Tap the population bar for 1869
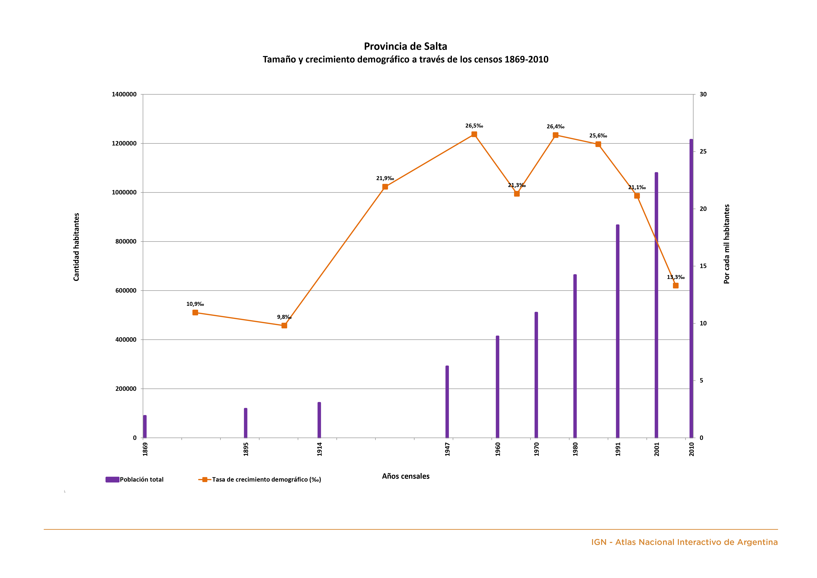(x=145, y=426)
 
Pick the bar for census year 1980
(x=575, y=356)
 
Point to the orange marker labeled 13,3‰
(x=676, y=285)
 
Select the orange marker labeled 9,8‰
(x=284, y=325)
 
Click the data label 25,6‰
(x=598, y=136)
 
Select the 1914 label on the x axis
(x=319, y=449)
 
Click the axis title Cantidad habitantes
(x=76, y=247)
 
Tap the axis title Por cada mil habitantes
(x=727, y=244)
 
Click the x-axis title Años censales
(x=406, y=476)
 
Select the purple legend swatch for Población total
(x=112, y=479)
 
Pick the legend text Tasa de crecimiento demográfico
(x=266, y=479)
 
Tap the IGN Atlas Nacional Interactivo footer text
(x=684, y=542)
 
